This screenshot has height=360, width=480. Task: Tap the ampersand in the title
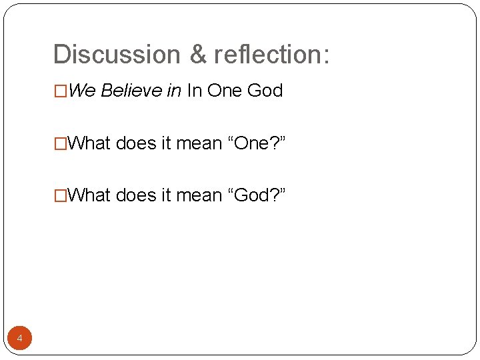(x=198, y=55)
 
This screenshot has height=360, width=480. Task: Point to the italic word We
(x=82, y=91)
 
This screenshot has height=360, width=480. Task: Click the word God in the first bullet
(x=265, y=91)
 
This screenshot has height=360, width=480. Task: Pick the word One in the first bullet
(x=225, y=91)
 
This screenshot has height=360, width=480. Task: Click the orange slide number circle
(x=19, y=339)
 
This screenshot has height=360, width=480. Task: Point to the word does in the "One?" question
(x=136, y=143)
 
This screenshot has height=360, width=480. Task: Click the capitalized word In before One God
(x=194, y=91)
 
